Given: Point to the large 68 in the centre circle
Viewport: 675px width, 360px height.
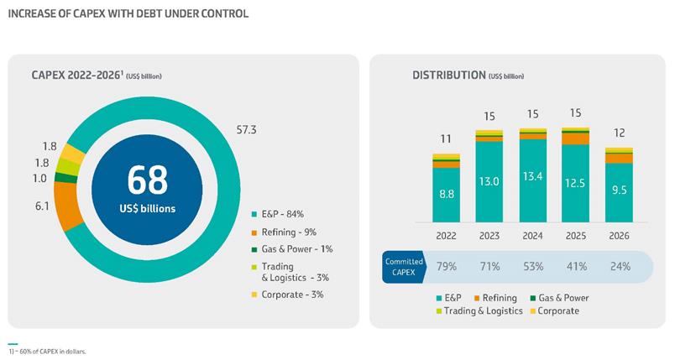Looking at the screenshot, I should tap(147, 180).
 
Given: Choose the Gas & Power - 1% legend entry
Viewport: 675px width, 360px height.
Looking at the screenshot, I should tap(292, 249).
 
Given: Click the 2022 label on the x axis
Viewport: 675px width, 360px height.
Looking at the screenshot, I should tap(446, 236).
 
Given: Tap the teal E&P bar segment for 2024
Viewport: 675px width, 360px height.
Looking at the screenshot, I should tap(533, 180).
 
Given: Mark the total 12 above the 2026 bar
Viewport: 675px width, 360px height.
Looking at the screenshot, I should tap(620, 132).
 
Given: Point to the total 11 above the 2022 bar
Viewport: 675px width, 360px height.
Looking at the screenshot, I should tap(446, 138).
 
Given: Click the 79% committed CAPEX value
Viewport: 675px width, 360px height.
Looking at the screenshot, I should tap(446, 267).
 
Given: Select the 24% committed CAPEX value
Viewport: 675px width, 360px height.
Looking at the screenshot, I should tap(620, 267).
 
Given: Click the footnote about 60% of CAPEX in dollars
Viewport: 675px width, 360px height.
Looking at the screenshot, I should tap(50, 352).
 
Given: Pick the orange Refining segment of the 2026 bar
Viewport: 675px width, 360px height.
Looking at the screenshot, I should tap(620, 158).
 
